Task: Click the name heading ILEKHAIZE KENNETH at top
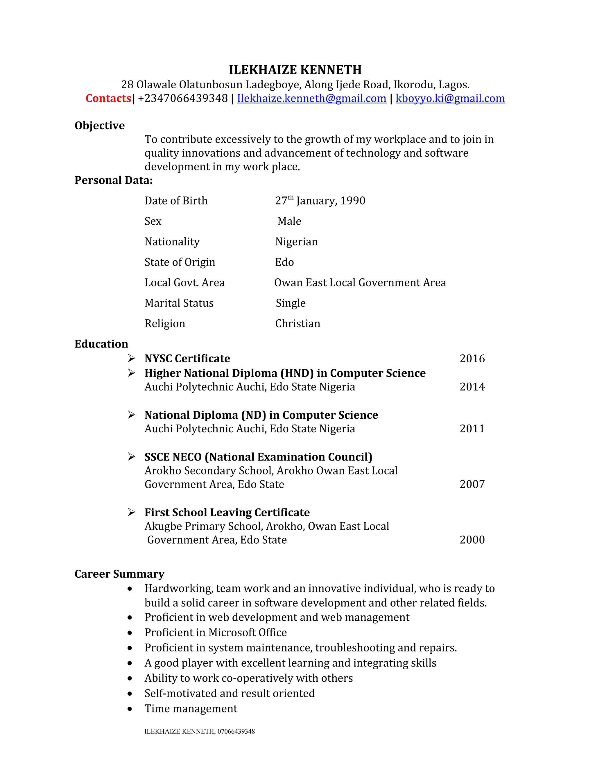pyautogui.click(x=295, y=70)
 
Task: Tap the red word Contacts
pyautogui.click(x=108, y=99)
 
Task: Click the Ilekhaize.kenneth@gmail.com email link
pyautogui.click(x=312, y=99)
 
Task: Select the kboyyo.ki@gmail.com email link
pyautogui.click(x=450, y=99)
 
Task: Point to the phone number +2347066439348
pyautogui.click(x=183, y=99)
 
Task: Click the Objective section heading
pyautogui.click(x=99, y=126)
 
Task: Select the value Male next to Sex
pyautogui.click(x=289, y=221)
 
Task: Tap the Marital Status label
pyautogui.click(x=179, y=303)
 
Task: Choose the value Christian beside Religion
pyautogui.click(x=297, y=323)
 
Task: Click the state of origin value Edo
pyautogui.click(x=284, y=262)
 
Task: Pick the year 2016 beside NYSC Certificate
pyautogui.click(x=472, y=359)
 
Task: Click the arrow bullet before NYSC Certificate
pyautogui.click(x=132, y=359)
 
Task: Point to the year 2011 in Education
pyautogui.click(x=472, y=429)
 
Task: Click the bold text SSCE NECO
pyautogui.click(x=173, y=457)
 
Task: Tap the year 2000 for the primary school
pyautogui.click(x=472, y=540)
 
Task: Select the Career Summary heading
pyautogui.click(x=119, y=574)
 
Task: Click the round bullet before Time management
pyautogui.click(x=130, y=709)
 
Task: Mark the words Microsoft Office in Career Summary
pyautogui.click(x=248, y=633)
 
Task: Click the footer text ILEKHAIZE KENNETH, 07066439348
pyautogui.click(x=200, y=732)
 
